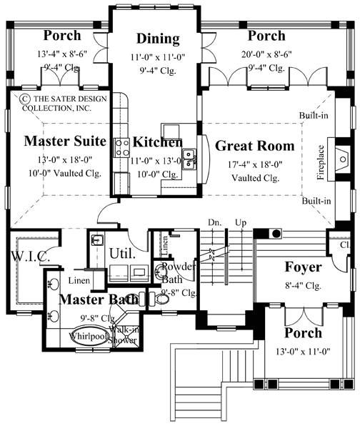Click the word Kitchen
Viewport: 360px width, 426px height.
pos(157,142)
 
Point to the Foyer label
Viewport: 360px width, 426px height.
pos(304,268)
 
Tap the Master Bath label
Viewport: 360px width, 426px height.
pos(99,299)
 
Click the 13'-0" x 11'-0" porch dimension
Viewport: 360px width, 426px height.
pos(304,350)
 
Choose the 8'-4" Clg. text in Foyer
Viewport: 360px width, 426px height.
pos(304,284)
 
